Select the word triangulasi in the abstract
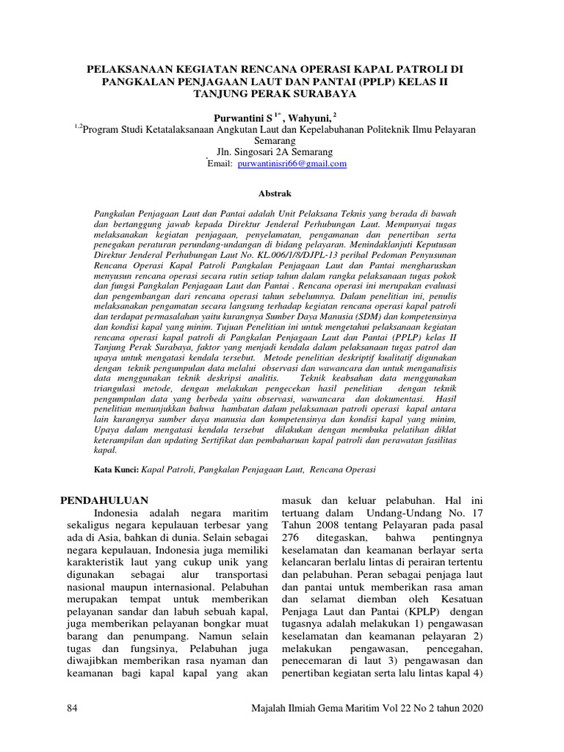(x=122, y=387)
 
